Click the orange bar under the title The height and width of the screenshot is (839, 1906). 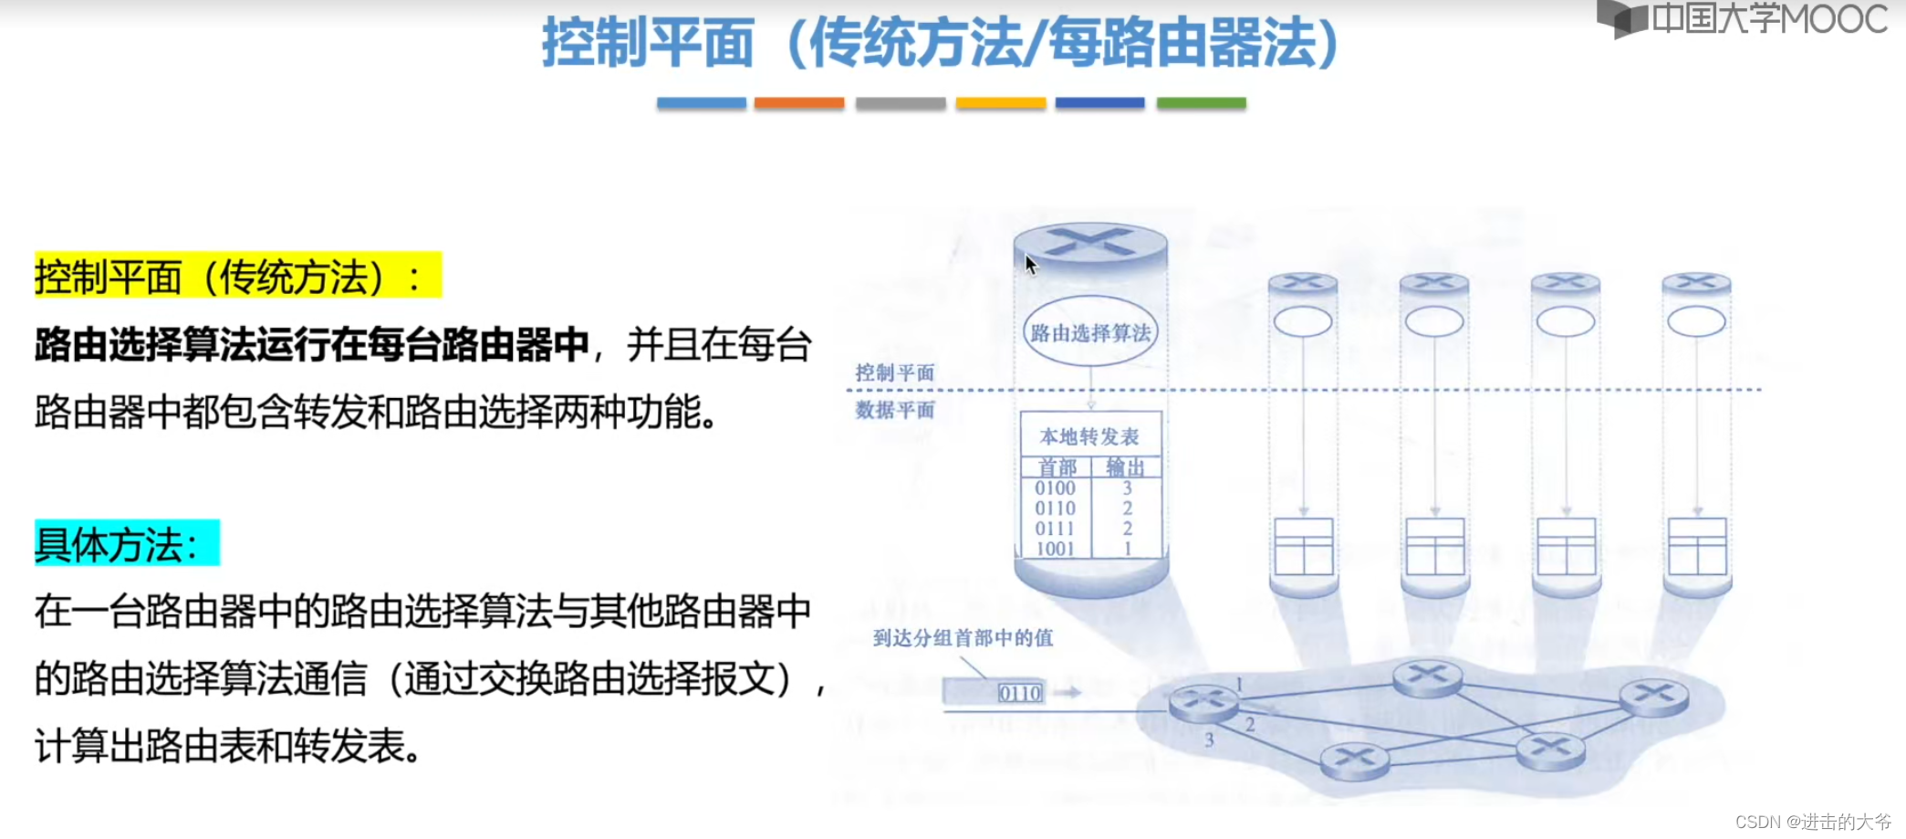click(799, 103)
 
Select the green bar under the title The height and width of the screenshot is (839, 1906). click(1201, 103)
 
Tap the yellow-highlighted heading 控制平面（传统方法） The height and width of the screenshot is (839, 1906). click(238, 276)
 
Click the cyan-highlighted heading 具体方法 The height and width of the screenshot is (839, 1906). click(127, 543)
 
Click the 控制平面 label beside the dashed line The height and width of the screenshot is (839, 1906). click(894, 372)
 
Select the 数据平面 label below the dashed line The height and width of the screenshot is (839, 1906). click(894, 410)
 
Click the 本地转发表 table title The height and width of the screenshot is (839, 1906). click(1089, 436)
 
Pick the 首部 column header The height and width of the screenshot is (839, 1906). click(1057, 467)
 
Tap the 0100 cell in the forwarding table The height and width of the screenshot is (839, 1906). click(1055, 488)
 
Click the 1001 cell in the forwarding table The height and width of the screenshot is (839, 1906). click(1055, 549)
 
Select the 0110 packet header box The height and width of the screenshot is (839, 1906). click(1019, 693)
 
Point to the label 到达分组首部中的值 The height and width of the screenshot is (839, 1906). click(963, 637)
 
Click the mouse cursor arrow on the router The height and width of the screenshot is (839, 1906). click(1031, 265)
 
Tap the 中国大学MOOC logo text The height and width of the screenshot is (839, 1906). click(1769, 18)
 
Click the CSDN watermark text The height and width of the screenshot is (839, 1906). click(1813, 822)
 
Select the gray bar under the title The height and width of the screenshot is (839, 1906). click(901, 103)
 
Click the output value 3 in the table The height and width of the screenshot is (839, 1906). click(1128, 488)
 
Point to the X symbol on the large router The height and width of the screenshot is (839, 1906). click(1089, 242)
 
